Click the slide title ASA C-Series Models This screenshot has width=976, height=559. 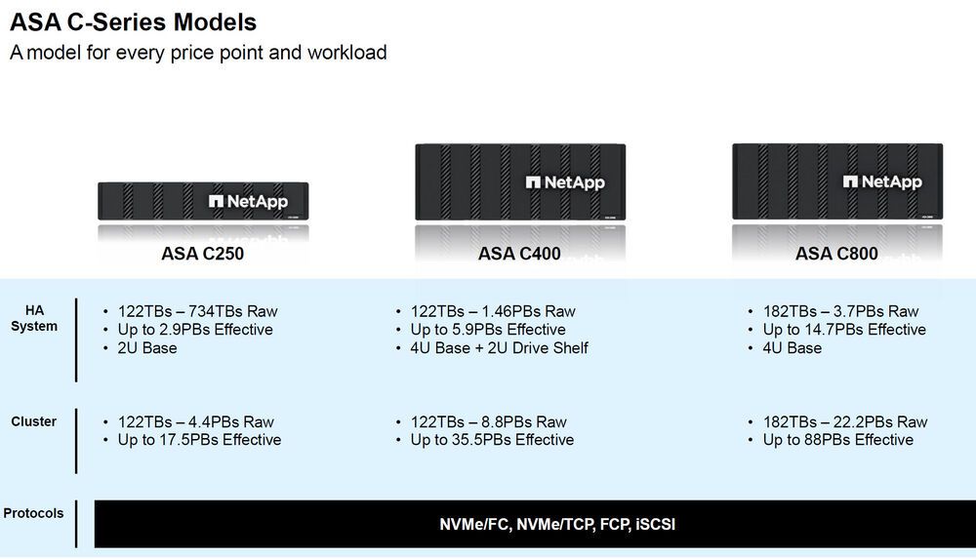pos(134,21)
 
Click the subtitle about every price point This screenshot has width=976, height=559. pos(198,53)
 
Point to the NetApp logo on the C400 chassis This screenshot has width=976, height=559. pos(565,182)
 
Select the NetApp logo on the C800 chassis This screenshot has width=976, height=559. pos(882,181)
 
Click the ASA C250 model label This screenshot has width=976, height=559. pos(202,254)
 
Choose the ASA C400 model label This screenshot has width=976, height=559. pos(519,254)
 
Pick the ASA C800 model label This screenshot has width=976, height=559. pos(836,254)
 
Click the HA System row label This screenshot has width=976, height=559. pos(34,318)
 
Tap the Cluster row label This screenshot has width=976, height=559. pos(34,421)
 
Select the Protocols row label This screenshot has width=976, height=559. pos(34,513)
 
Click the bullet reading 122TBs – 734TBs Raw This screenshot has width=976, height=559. pos(197,311)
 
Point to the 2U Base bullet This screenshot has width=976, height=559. pos(147,347)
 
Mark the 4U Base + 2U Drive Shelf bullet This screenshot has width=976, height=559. pos(499,347)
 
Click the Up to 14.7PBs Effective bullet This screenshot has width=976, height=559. pos(844,330)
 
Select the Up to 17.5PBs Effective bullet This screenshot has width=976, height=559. pos(199,440)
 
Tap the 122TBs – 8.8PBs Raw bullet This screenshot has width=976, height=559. pos(488,422)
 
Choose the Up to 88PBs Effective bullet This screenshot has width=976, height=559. pos(837,440)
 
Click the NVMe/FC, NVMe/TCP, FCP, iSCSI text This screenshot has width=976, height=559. pos(557,524)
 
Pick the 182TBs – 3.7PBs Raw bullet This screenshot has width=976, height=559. pos(840,311)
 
